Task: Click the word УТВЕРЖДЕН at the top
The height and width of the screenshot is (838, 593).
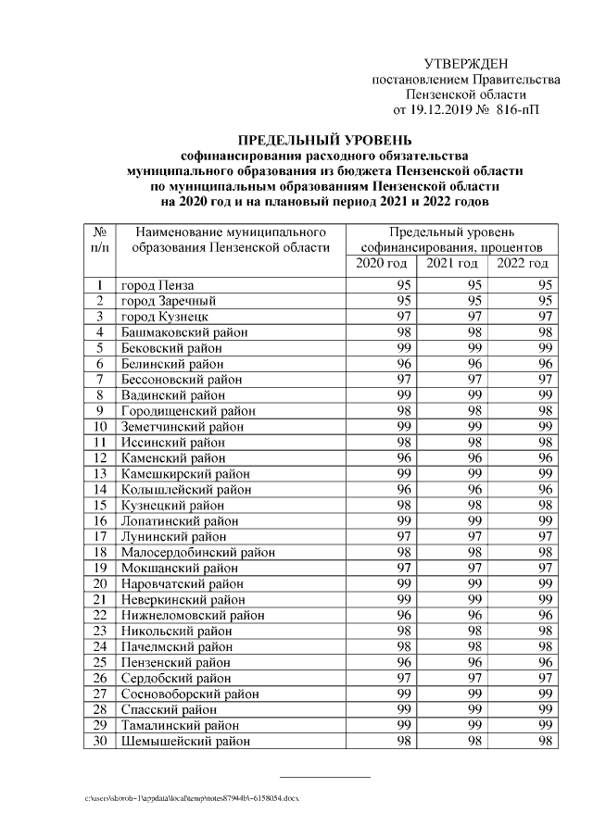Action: [x=466, y=64]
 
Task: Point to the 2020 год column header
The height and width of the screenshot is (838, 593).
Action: [x=381, y=265]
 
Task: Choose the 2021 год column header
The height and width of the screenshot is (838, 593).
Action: [x=451, y=265]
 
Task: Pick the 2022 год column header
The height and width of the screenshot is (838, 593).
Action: [x=523, y=265]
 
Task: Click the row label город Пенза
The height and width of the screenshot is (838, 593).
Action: [x=159, y=286]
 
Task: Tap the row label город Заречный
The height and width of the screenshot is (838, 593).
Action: [x=169, y=301]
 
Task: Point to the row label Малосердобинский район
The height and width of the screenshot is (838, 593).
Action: [x=198, y=552]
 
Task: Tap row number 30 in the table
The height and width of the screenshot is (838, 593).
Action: [x=99, y=740]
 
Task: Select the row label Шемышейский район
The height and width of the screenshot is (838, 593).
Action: [x=185, y=740]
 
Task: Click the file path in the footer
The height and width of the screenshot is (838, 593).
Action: [x=192, y=797]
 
